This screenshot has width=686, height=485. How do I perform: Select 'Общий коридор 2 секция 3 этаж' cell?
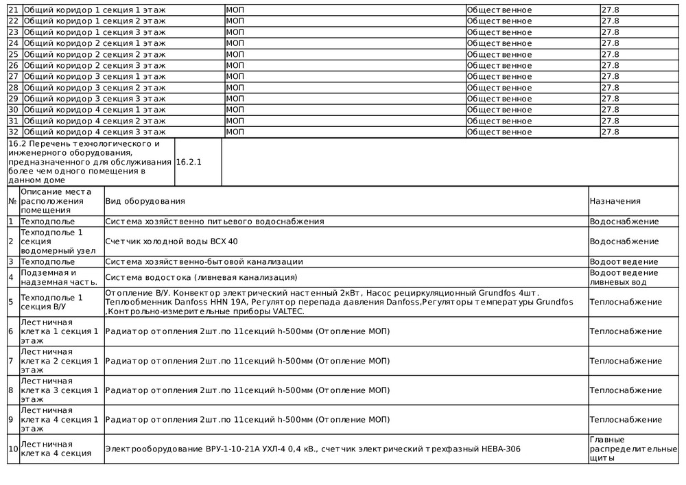pyautogui.click(x=95, y=66)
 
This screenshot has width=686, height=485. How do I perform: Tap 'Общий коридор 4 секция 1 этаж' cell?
pyautogui.click(x=95, y=110)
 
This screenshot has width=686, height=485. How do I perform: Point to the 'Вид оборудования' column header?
pyautogui.click(x=145, y=201)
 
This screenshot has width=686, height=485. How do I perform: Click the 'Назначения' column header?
pyautogui.click(x=615, y=201)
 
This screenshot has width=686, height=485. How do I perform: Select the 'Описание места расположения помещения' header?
pyautogui.click(x=56, y=201)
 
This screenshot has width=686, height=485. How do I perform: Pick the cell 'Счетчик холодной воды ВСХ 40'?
pyautogui.click(x=171, y=241)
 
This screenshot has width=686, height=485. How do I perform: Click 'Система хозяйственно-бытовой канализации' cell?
pyautogui.click(x=204, y=262)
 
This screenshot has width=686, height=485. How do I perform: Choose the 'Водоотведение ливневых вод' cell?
pyautogui.click(x=624, y=277)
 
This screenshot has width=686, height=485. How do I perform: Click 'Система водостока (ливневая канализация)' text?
pyautogui.click(x=201, y=277)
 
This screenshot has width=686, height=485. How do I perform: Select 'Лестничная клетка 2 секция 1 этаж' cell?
pyautogui.click(x=59, y=360)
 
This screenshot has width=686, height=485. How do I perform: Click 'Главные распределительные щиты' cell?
pyautogui.click(x=633, y=449)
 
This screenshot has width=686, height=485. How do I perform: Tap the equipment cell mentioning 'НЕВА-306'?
pyautogui.click(x=312, y=449)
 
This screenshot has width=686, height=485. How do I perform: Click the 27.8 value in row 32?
pyautogui.click(x=610, y=132)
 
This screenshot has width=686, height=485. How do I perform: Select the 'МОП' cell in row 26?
pyautogui.click(x=235, y=66)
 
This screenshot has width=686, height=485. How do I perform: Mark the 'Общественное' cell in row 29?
pyautogui.click(x=499, y=99)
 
